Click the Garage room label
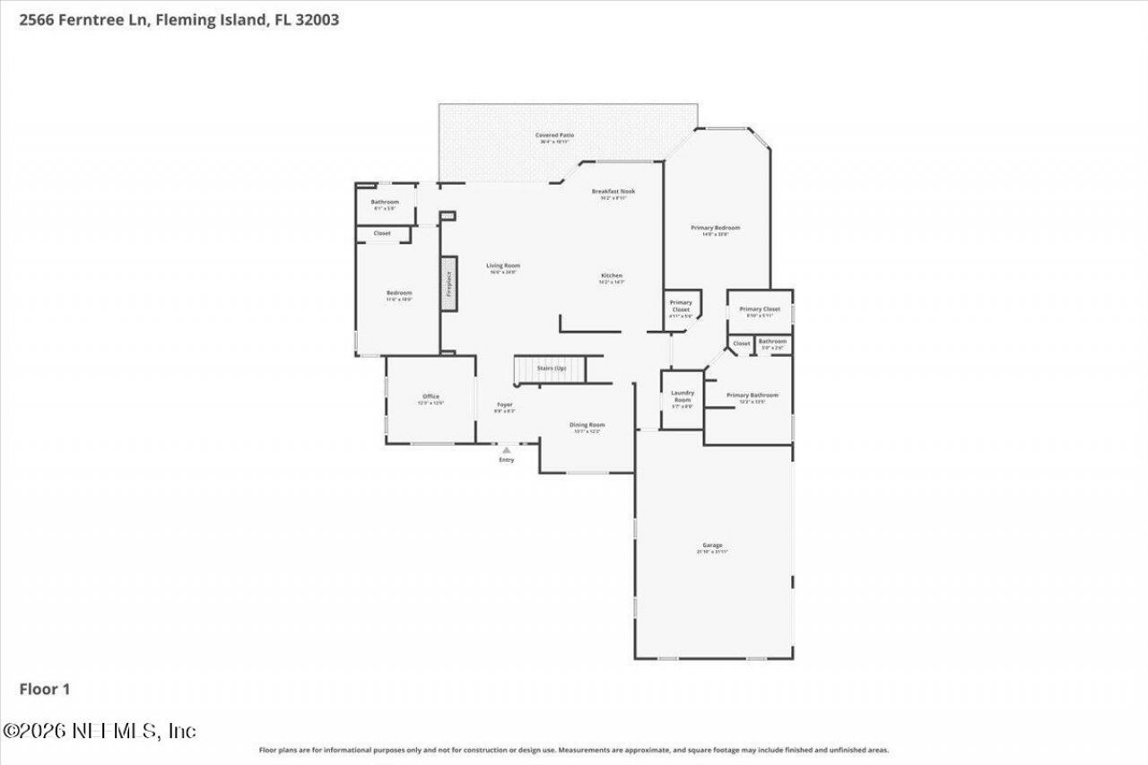coord(712,546)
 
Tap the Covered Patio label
coord(554,135)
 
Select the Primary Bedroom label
coord(715,229)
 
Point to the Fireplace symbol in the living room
coord(449,283)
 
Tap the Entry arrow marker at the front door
coord(506,450)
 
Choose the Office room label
coord(430,397)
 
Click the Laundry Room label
coord(683,396)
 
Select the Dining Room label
coord(587,425)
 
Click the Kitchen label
coord(611,276)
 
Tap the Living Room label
coord(503,266)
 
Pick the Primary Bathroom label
coord(752,396)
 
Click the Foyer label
coord(505,405)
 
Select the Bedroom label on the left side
coord(399,293)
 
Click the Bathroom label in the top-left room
coord(385,203)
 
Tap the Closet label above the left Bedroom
coord(382,233)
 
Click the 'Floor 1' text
coord(45,689)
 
